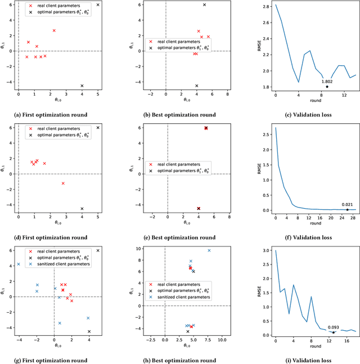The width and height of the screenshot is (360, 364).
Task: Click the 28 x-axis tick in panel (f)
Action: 352,219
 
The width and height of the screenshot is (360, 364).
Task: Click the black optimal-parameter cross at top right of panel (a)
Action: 98,5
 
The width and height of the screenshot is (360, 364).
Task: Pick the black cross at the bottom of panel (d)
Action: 82,209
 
